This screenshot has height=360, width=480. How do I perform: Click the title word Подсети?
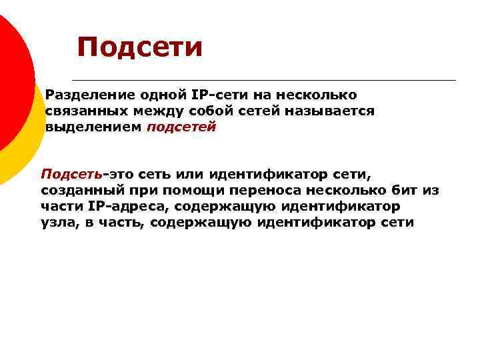tap(139, 47)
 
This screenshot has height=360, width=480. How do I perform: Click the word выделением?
tap(93, 127)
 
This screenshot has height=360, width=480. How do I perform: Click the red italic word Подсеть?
tap(71, 175)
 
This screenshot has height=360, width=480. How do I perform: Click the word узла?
tap(58, 223)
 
